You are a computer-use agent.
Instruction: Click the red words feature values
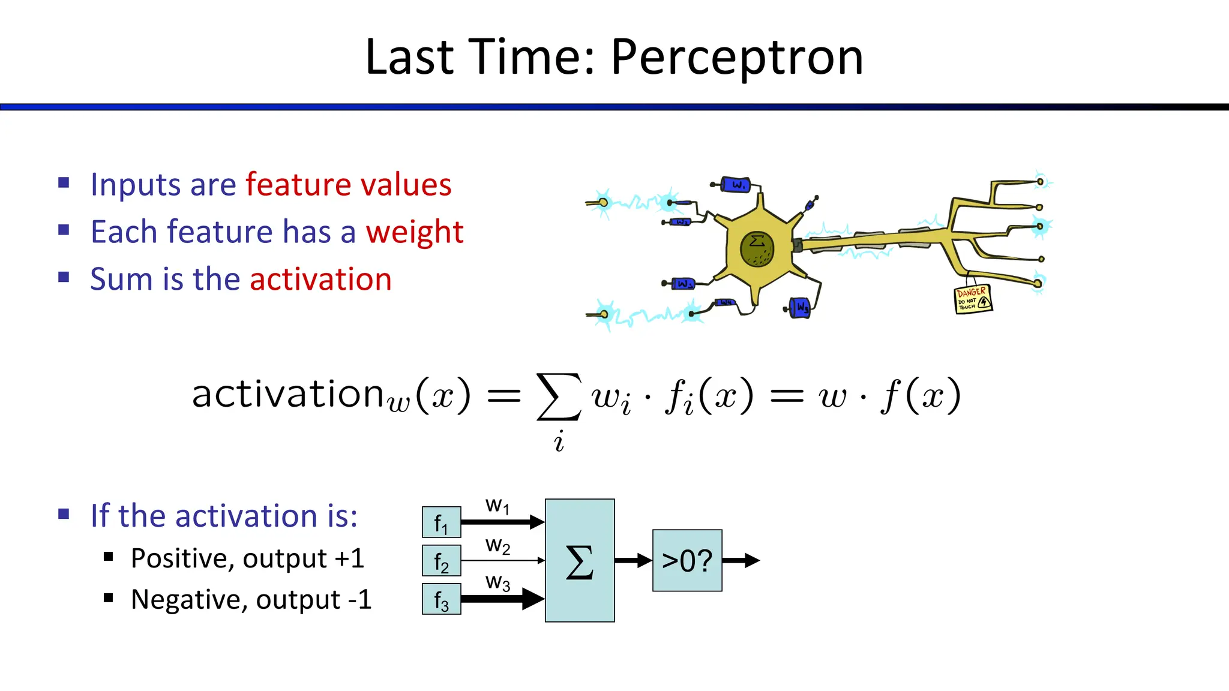(348, 185)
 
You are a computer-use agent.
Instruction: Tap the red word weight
(415, 232)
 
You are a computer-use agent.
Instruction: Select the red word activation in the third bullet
(320, 280)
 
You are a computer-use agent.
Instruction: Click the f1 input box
(441, 522)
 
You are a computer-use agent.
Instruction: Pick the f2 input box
(441, 561)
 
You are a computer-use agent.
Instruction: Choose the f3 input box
(441, 599)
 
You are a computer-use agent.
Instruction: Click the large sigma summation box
(579, 560)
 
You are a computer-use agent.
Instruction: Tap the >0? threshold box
(687, 561)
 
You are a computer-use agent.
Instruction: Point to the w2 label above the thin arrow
(497, 545)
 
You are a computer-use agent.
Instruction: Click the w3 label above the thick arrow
(497, 582)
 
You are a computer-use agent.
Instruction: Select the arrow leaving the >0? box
(741, 561)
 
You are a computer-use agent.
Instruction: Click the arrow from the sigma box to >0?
(633, 561)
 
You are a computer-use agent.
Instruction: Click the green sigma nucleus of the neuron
(757, 249)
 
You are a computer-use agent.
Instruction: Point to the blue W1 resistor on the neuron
(735, 185)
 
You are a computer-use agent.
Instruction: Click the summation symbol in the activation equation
(559, 396)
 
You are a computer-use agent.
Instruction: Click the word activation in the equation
(287, 394)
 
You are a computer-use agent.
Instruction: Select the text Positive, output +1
(247, 558)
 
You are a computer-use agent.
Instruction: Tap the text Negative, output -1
(251, 599)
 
